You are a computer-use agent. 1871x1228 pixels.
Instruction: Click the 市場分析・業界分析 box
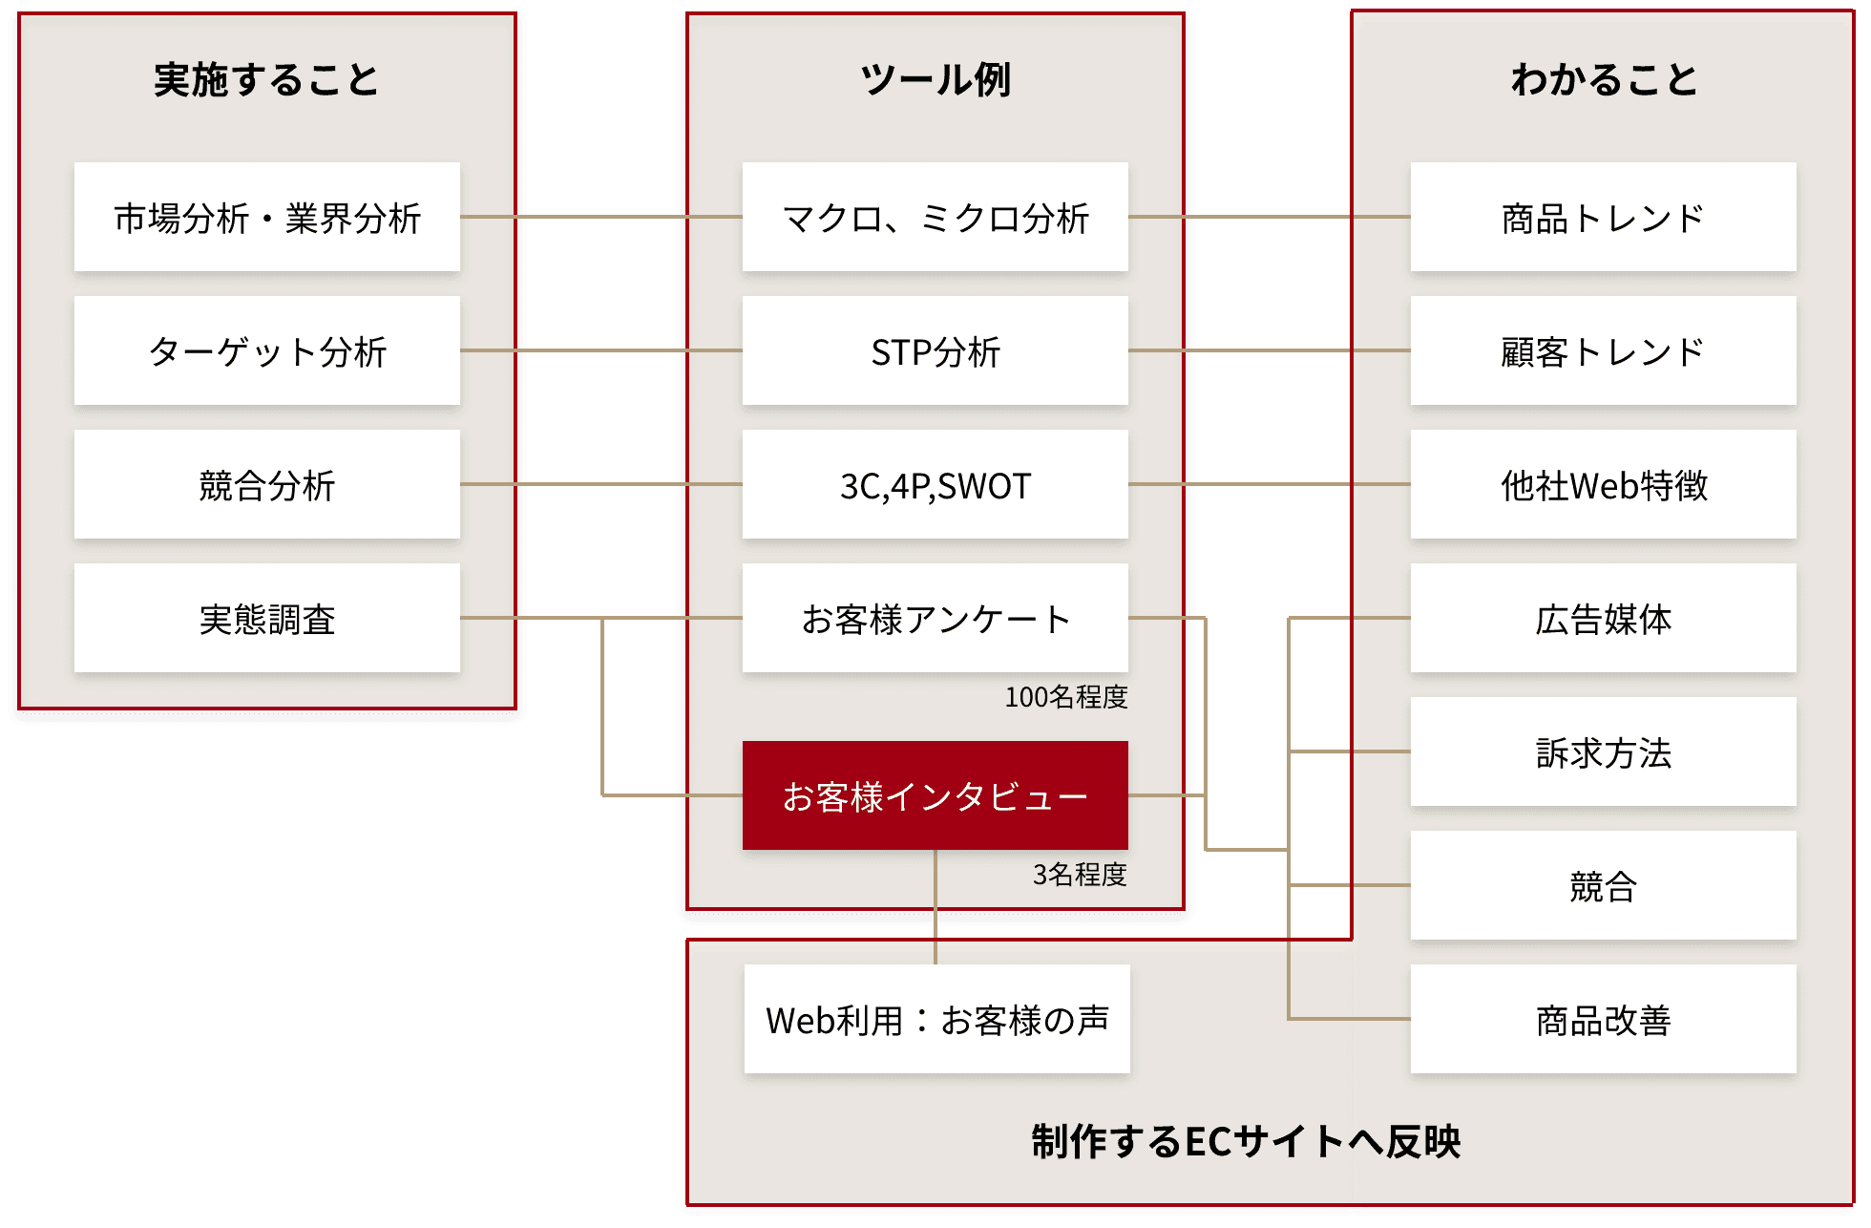[267, 218]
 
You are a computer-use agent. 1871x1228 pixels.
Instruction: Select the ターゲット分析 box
[267, 351]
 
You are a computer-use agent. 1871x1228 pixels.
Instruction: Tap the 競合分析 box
[267, 485]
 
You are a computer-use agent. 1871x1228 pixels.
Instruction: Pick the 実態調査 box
[267, 619]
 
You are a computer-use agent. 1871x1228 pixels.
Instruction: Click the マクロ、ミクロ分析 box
[935, 218]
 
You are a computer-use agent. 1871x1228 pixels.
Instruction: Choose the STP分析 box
[935, 351]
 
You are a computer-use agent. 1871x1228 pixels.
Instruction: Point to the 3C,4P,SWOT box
[935, 485]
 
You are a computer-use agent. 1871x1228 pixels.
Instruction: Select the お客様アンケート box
[935, 619]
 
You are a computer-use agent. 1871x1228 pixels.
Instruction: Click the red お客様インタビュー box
[935, 795]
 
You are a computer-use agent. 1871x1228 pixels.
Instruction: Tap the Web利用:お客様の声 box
[937, 1020]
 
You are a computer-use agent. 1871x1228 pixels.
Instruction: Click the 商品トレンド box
[1604, 218]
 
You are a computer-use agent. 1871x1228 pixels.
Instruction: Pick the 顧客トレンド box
[1604, 351]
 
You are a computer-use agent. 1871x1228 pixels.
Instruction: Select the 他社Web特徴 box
[1604, 485]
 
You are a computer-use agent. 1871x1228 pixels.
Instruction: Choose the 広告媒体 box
[1604, 619]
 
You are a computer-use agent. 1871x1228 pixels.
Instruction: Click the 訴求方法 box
[1604, 752]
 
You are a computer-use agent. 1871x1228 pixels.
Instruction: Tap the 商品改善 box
[1604, 1020]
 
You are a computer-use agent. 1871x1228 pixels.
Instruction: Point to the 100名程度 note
[1065, 698]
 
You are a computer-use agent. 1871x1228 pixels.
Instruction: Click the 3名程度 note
[1080, 875]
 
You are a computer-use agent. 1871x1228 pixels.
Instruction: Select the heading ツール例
[935, 80]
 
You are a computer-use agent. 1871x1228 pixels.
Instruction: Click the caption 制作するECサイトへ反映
[1246, 1142]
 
